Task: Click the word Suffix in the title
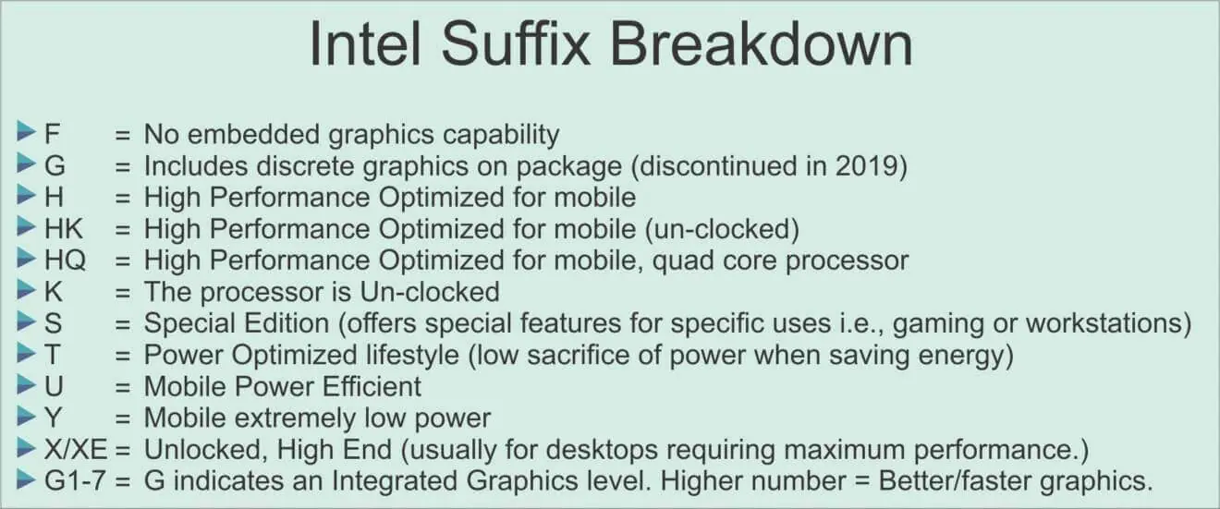pyautogui.click(x=515, y=43)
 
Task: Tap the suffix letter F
pyautogui.click(x=52, y=134)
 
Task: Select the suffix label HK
pyautogui.click(x=64, y=229)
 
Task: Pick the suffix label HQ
pyautogui.click(x=66, y=261)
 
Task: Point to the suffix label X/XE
pyautogui.click(x=76, y=450)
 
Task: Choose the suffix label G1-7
pyautogui.click(x=75, y=481)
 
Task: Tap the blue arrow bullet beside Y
pyautogui.click(x=26, y=417)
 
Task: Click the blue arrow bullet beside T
pyautogui.click(x=26, y=353)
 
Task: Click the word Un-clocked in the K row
pyautogui.click(x=430, y=292)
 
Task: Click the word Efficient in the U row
pyautogui.click(x=372, y=386)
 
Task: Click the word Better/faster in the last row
pyautogui.click(x=954, y=481)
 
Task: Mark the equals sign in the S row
pyautogui.click(x=123, y=324)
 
